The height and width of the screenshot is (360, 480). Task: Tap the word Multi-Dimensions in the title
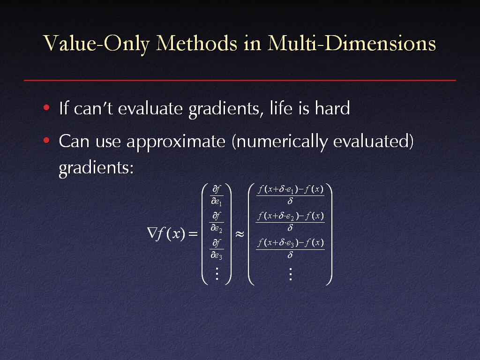tap(352, 43)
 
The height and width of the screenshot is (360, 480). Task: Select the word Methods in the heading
tap(196, 43)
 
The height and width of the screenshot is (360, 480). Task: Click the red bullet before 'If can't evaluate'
tap(46, 107)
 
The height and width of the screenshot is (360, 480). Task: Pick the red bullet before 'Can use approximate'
tap(46, 141)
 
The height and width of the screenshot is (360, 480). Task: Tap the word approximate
tap(176, 142)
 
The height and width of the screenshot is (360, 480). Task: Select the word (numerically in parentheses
tap(279, 142)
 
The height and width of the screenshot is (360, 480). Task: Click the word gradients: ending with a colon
tap(96, 168)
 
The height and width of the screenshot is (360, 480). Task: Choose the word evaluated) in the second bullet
tap(373, 142)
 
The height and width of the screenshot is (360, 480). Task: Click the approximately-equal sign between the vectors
tap(240, 234)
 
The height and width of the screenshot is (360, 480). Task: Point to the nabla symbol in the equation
tap(151, 233)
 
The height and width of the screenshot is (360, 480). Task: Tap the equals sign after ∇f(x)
tap(193, 234)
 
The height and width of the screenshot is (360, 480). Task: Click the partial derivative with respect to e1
tap(217, 195)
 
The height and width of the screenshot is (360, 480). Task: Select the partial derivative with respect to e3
tap(217, 249)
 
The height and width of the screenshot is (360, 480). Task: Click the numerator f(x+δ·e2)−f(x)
tap(290, 217)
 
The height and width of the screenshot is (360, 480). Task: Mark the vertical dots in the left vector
tap(217, 274)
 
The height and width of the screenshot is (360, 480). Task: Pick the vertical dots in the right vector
tap(290, 274)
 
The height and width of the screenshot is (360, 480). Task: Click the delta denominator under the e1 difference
tap(290, 201)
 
